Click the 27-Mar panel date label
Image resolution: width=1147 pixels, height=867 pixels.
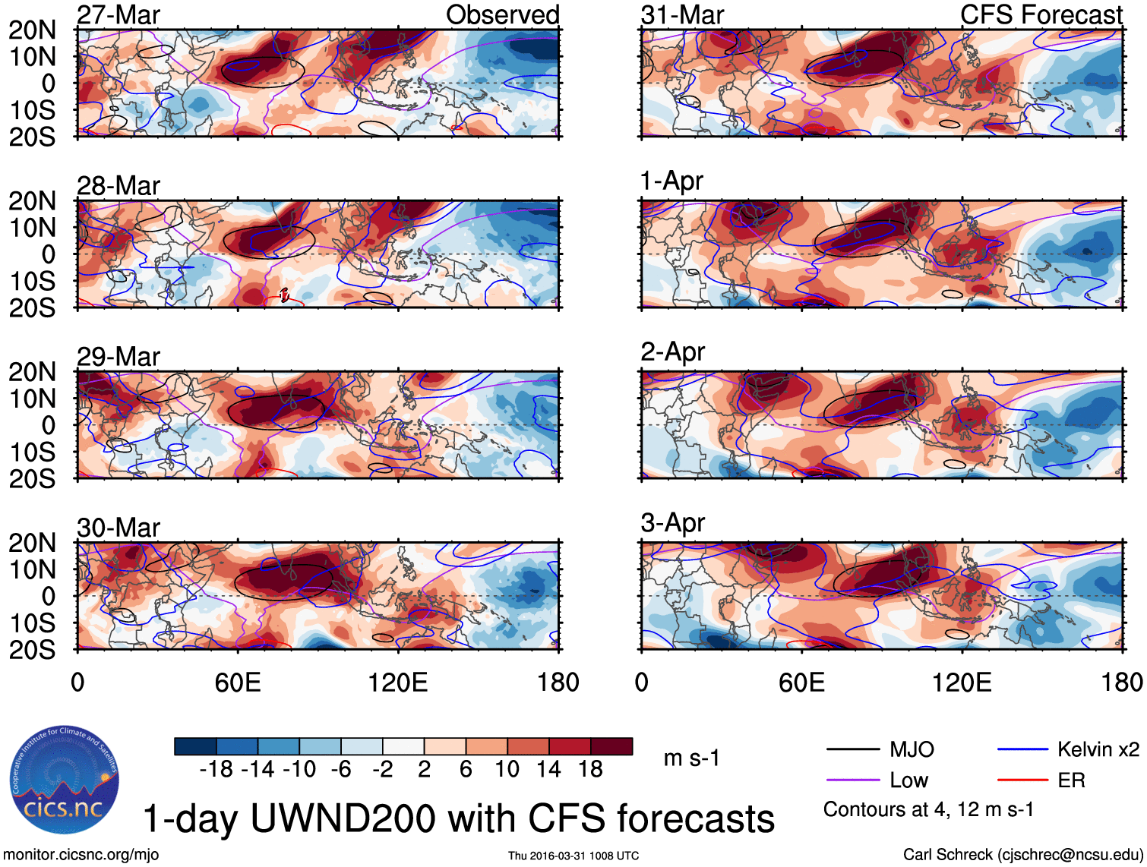[118, 15]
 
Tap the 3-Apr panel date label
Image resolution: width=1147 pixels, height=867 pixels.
[673, 523]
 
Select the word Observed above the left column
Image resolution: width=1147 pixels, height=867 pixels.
[502, 15]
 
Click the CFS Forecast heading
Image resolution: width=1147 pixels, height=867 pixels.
[1041, 15]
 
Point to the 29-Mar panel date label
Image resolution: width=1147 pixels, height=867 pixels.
[118, 357]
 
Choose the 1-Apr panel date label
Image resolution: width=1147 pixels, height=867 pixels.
[671, 181]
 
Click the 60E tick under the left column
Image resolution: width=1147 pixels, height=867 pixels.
[238, 683]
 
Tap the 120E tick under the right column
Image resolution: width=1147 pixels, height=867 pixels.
[962, 683]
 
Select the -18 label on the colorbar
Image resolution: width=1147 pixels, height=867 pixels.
[216, 770]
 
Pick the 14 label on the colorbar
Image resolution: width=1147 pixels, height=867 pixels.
[548, 770]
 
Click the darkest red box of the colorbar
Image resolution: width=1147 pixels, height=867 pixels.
[611, 747]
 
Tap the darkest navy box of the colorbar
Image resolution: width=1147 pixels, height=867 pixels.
[195, 747]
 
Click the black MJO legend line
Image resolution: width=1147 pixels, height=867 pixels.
[852, 750]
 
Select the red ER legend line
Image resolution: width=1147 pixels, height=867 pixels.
[1022, 780]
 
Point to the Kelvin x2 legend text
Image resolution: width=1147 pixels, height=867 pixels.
[1098, 750]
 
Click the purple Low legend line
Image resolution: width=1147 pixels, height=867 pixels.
[852, 780]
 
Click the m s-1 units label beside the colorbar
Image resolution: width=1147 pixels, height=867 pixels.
[691, 758]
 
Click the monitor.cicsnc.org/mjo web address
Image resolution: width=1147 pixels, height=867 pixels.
[81, 855]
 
